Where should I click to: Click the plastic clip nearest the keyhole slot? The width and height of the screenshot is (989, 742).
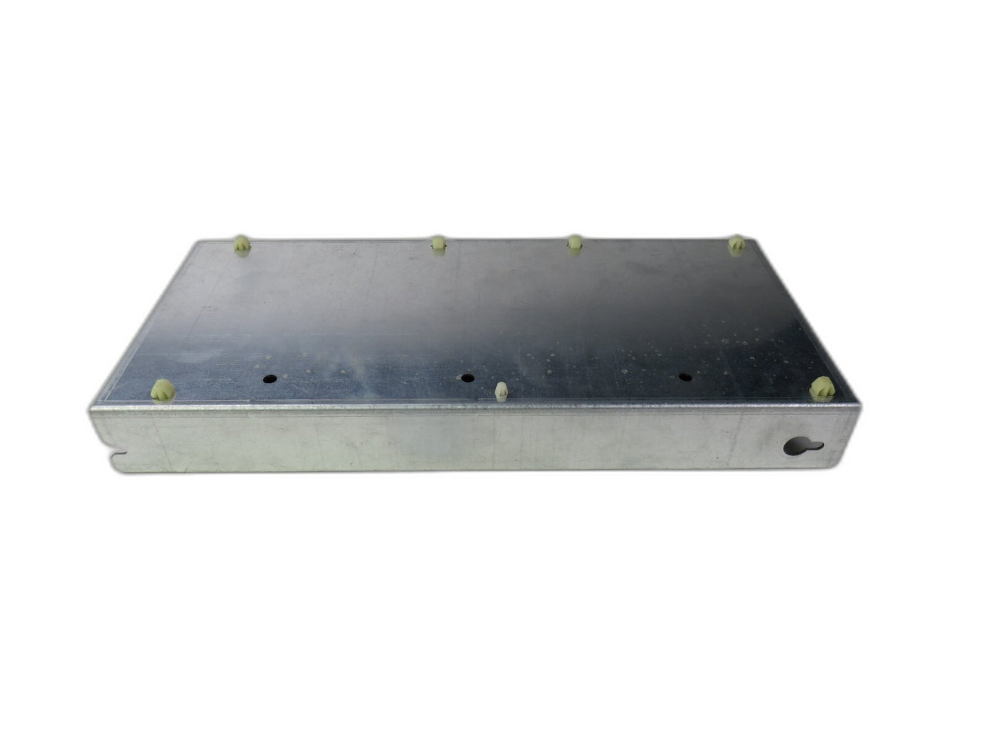tap(822, 389)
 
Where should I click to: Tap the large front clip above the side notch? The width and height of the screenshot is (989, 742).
tap(163, 391)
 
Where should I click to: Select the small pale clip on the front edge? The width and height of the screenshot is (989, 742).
tap(500, 392)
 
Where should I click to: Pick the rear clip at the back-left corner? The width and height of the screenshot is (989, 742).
tap(242, 244)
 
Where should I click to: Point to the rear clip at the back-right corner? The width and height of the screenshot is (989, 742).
tap(736, 244)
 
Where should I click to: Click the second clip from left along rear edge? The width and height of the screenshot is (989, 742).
tap(438, 243)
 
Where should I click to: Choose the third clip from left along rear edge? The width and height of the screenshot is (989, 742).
tap(575, 243)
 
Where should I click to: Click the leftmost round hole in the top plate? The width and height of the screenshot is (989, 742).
tap(271, 378)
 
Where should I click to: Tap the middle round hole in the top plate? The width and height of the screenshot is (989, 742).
tap(467, 378)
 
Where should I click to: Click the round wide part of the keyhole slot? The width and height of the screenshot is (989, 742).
tap(794, 448)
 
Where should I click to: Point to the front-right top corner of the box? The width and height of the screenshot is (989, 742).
tap(859, 405)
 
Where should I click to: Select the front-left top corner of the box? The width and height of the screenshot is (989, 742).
tap(90, 409)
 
